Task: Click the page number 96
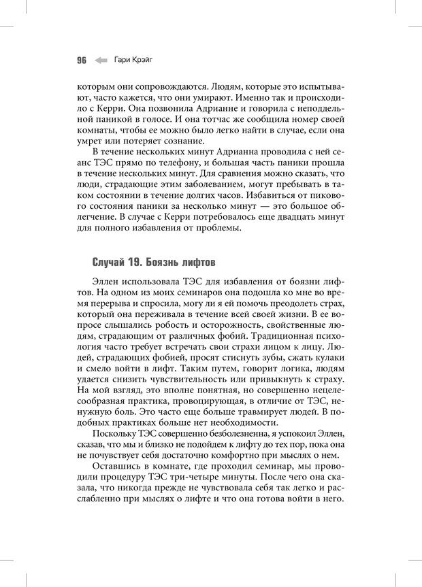click(81, 60)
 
